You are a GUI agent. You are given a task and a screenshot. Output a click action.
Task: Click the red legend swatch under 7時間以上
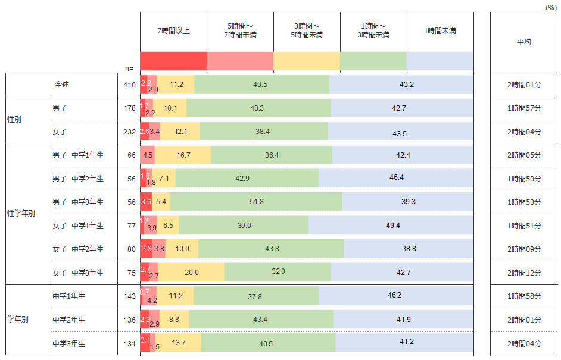pos(173,61)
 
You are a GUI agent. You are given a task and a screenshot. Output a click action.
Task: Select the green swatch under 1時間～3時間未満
pos(373,61)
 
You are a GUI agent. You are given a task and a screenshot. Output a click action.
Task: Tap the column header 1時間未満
pos(440,31)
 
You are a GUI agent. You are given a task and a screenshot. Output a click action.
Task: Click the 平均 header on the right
pos(524,42)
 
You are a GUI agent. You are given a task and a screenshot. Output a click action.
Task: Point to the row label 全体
pos(62,84)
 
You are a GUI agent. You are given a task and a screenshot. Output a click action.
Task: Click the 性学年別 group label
pos(21,213)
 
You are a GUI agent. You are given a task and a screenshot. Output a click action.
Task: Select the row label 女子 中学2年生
pos(78,249)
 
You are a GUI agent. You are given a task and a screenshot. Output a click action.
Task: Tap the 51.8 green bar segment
pos(256,202)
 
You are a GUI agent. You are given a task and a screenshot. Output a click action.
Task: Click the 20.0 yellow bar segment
pos(191,272)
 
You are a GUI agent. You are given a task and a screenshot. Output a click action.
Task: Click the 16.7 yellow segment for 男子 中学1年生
pos(183,155)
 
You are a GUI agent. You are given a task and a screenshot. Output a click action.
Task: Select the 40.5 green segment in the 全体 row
pos(261,84)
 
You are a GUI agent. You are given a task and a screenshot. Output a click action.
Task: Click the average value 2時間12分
pos(524,273)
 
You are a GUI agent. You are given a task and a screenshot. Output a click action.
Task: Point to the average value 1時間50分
pos(524,179)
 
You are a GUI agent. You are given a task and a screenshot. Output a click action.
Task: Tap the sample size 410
pos(129,84)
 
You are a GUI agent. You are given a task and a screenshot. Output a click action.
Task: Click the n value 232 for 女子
pos(129,132)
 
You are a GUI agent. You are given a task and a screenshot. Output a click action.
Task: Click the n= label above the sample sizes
pos(129,68)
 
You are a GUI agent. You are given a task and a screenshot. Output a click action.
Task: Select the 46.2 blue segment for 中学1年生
pos(396,296)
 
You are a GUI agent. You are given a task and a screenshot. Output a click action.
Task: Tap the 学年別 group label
pos(18,320)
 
